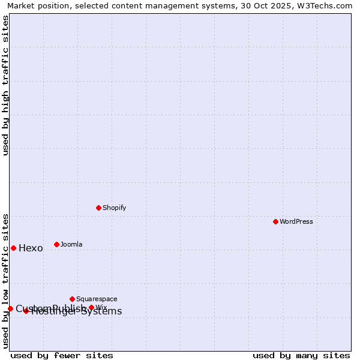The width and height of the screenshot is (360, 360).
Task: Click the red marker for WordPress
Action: point(275,221)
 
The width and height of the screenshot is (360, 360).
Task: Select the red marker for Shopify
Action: point(98,208)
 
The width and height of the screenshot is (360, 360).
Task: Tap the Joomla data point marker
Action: point(56,244)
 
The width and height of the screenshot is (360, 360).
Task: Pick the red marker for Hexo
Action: point(13,248)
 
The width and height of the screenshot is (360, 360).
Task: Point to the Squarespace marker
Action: point(72,299)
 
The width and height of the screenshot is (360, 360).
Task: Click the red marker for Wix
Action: point(91,307)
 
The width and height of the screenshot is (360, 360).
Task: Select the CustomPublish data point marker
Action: point(10,308)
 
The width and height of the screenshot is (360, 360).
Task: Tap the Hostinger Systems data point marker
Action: point(26,311)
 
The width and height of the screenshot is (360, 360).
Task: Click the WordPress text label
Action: point(296,221)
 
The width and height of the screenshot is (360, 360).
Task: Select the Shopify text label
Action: point(114,208)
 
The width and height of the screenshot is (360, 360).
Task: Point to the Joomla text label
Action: point(71,244)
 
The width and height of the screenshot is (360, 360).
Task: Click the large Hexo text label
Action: point(31,248)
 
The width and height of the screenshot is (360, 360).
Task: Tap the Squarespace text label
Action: point(97,299)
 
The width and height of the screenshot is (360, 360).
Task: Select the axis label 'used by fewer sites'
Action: point(62,355)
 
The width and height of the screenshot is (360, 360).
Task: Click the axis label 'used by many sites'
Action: point(301,355)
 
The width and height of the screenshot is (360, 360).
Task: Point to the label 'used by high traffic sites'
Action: point(6,85)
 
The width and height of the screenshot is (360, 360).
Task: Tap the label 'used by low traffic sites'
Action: point(6,280)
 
